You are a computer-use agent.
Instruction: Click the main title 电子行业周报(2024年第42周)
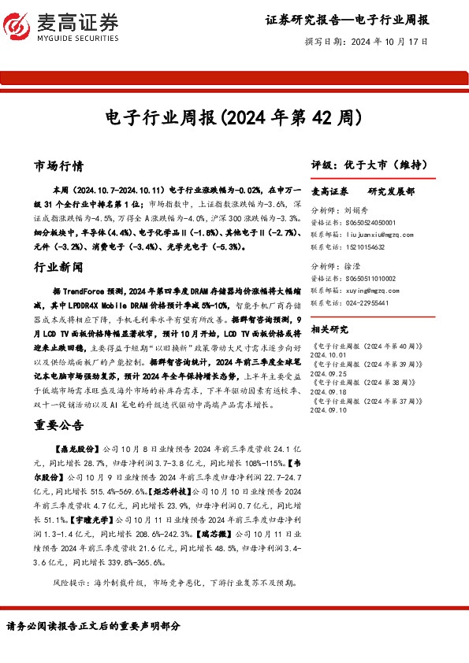[234, 118]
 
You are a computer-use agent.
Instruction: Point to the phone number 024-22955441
[370, 302]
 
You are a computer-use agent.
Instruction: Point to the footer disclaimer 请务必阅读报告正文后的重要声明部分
[93, 626]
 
